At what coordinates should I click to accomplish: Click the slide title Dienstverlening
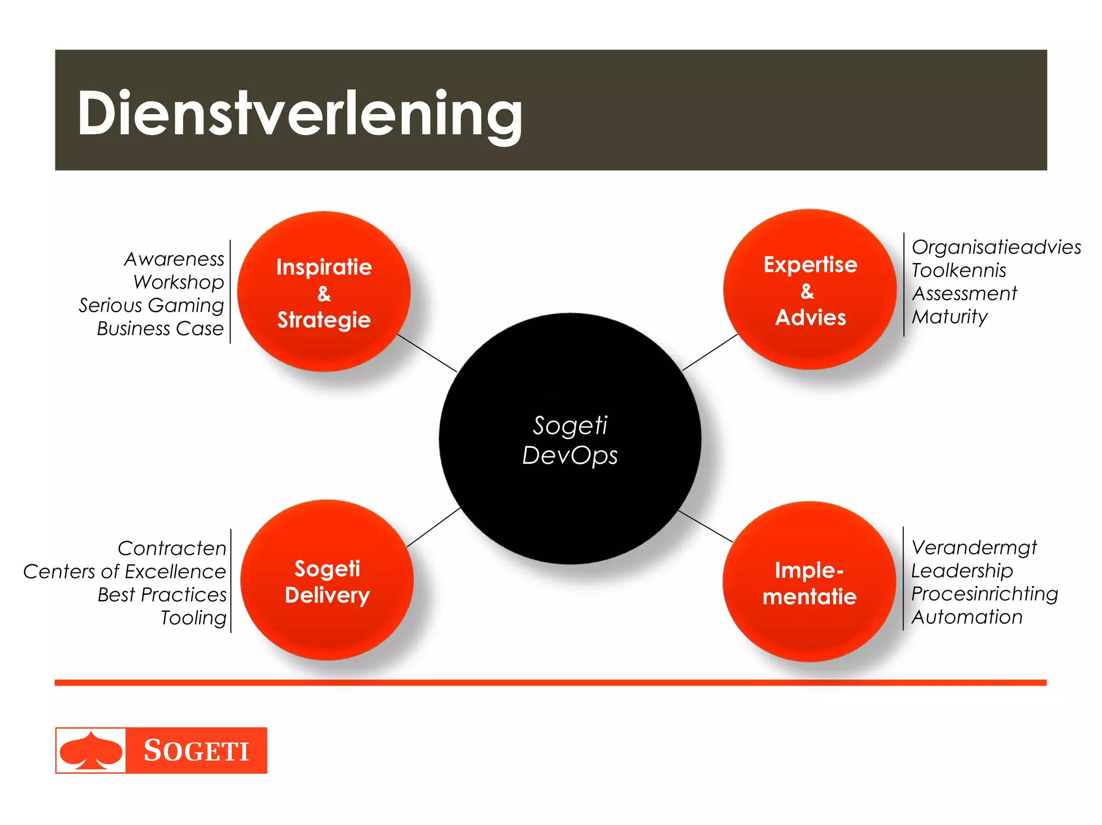pyautogui.click(x=299, y=114)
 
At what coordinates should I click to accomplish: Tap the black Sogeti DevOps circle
pyautogui.click(x=569, y=439)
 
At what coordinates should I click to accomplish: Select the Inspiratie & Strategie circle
pyautogui.click(x=324, y=292)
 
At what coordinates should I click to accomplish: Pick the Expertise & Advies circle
pyautogui.click(x=809, y=290)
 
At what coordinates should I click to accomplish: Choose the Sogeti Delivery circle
pyautogui.click(x=327, y=581)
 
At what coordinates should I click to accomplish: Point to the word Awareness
pyautogui.click(x=174, y=259)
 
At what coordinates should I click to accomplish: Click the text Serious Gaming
pyautogui.click(x=151, y=305)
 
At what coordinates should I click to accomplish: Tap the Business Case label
pyautogui.click(x=160, y=328)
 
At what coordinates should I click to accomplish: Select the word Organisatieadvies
pyautogui.click(x=996, y=247)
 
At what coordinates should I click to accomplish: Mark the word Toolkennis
pyautogui.click(x=958, y=270)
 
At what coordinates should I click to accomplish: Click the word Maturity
pyautogui.click(x=950, y=316)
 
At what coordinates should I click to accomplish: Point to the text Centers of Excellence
pyautogui.click(x=124, y=572)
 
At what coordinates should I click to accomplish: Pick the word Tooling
pyautogui.click(x=194, y=618)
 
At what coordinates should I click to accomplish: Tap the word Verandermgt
pyautogui.click(x=974, y=547)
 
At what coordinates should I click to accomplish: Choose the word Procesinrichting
pyautogui.click(x=985, y=594)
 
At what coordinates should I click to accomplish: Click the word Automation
pyautogui.click(x=967, y=617)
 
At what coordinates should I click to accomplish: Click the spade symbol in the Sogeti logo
pyautogui.click(x=91, y=750)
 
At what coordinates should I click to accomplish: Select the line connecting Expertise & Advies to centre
pyautogui.click(x=710, y=352)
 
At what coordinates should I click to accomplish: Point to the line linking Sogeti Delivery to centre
pyautogui.click(x=433, y=527)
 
